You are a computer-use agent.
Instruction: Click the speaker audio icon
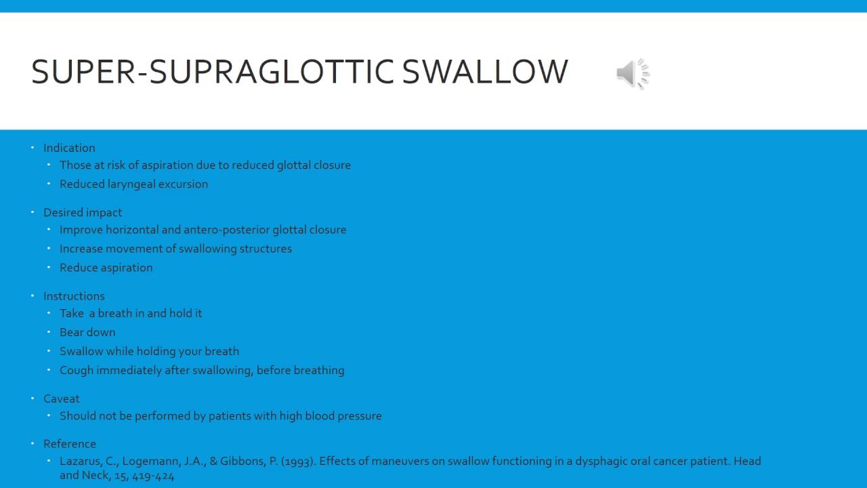coord(633,73)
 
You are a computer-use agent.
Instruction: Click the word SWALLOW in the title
coord(485,72)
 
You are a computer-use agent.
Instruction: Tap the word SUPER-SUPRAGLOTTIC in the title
coord(213,72)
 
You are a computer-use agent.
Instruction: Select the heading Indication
coord(69,148)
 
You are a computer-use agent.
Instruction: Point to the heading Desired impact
coord(83,212)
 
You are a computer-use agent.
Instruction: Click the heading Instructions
coord(74,296)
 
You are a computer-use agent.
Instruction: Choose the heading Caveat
coord(62,399)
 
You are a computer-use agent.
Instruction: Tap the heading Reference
coord(70,444)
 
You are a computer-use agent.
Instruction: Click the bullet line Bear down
coord(87,332)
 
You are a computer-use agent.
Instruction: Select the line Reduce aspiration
coord(106,268)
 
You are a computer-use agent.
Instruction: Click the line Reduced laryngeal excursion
coord(133,184)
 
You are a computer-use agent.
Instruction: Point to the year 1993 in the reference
coord(298,462)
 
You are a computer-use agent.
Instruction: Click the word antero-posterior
coord(226,230)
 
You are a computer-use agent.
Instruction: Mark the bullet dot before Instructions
coord(33,296)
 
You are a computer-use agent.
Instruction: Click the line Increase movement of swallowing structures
coord(175,249)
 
